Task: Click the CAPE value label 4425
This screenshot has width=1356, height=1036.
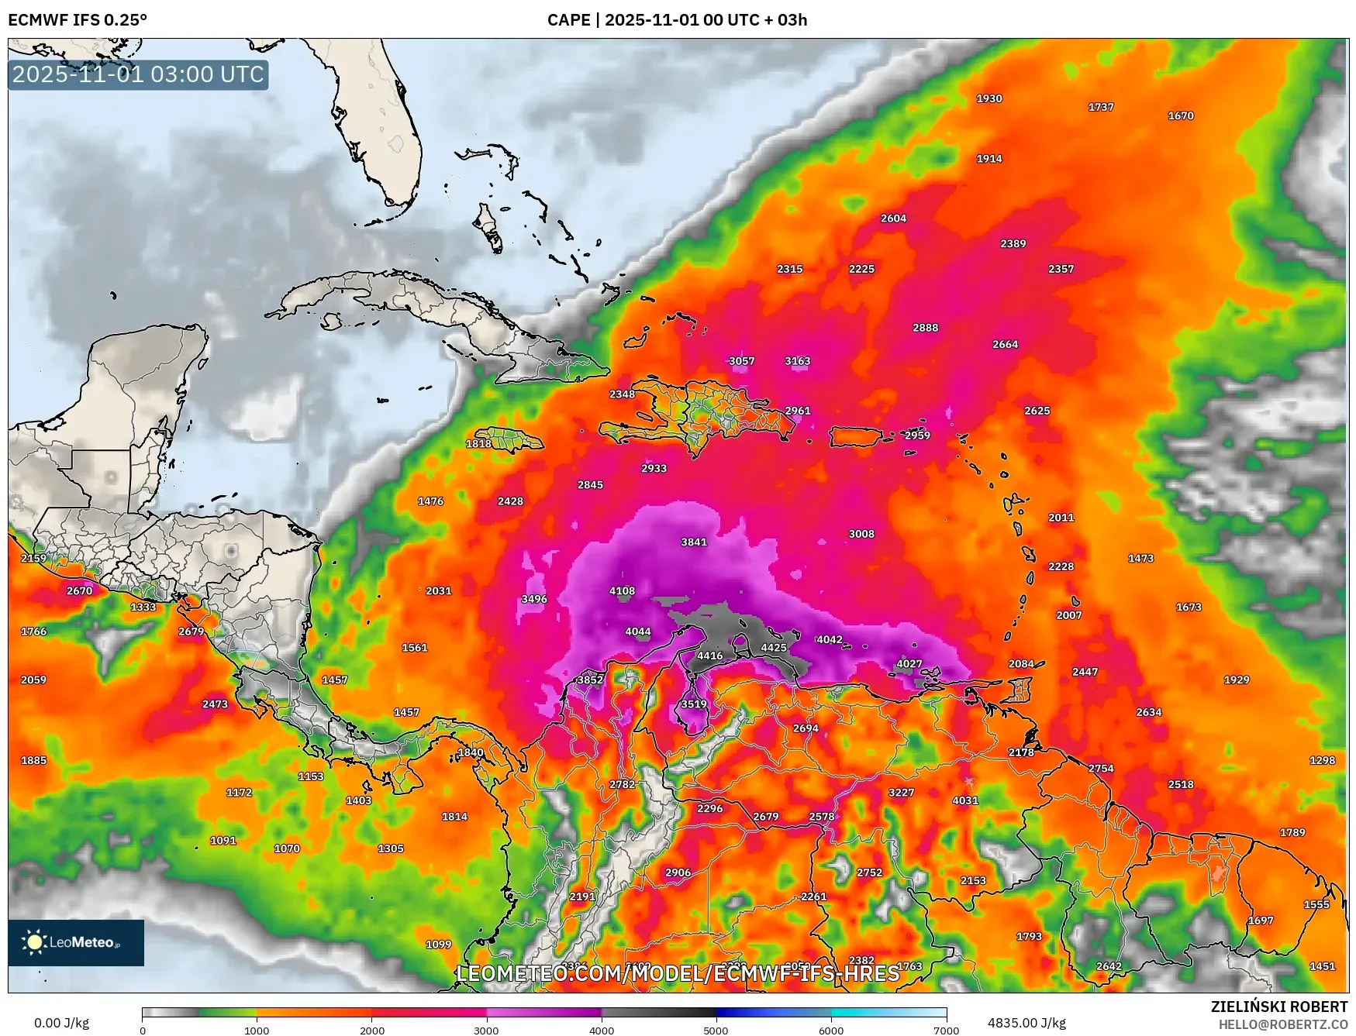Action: tap(773, 648)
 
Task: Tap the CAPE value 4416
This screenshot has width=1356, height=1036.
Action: tap(709, 656)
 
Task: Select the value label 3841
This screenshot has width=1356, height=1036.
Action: tap(693, 542)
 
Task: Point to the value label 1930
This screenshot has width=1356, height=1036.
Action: tap(989, 98)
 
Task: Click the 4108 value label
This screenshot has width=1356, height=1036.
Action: tap(621, 590)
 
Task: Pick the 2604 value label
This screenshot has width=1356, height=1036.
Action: tap(892, 219)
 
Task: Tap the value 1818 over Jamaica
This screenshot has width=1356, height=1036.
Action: tap(478, 443)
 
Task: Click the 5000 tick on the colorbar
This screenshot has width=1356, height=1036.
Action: tap(716, 1031)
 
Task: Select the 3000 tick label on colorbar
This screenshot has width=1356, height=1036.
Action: tap(486, 1031)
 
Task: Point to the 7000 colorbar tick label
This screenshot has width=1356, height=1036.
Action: tap(947, 1031)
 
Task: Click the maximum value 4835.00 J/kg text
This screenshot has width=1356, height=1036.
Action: tap(1026, 1023)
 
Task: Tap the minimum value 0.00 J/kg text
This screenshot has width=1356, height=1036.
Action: tap(61, 1023)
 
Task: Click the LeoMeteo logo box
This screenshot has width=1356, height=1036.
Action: tap(76, 942)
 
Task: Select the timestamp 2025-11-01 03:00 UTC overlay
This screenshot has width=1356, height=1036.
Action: tap(138, 74)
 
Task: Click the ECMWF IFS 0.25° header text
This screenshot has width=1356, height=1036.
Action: tap(78, 20)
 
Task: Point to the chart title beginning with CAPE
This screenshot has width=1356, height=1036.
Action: tap(677, 20)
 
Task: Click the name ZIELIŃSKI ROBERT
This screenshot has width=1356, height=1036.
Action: tap(1278, 1007)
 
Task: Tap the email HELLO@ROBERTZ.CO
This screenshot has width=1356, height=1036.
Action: tap(1282, 1024)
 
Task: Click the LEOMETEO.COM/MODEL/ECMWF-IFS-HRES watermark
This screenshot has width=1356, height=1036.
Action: tap(678, 973)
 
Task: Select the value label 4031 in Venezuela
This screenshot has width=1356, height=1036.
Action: tap(964, 800)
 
